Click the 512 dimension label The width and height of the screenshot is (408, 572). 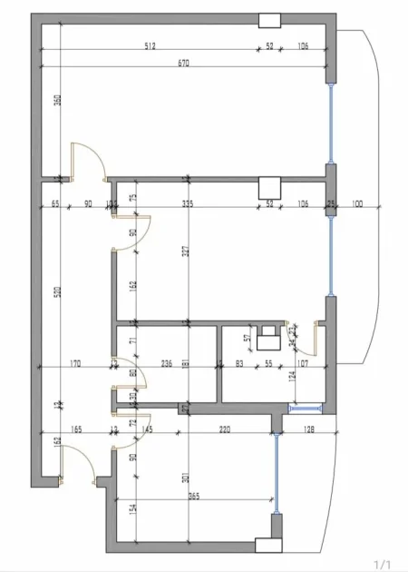[150, 46]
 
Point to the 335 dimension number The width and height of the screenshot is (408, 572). [189, 203]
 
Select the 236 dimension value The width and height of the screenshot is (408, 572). [167, 364]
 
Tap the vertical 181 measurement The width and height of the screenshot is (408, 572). [187, 364]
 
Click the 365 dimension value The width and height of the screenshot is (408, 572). [194, 497]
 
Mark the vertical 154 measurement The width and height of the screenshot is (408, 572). [133, 511]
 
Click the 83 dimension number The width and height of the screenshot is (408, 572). [238, 364]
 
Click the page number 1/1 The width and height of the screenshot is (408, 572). [384, 562]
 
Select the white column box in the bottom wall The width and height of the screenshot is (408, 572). [269, 544]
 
